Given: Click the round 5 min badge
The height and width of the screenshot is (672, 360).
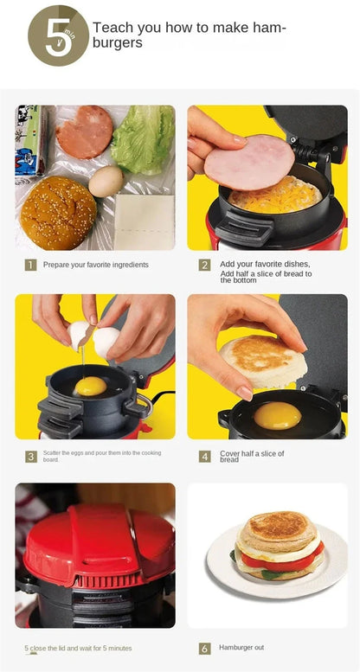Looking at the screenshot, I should click(x=58, y=36).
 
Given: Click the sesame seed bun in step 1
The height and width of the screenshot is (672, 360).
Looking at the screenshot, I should click(x=58, y=213).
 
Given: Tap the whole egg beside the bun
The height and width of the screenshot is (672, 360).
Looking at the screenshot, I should click(x=106, y=181).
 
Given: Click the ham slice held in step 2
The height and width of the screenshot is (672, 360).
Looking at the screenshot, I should click(x=248, y=162).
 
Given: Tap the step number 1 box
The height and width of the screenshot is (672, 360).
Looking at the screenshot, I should click(x=30, y=265).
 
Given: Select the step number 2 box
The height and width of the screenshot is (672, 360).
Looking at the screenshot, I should click(x=204, y=266).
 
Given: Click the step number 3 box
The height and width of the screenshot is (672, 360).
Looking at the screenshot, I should click(x=30, y=456).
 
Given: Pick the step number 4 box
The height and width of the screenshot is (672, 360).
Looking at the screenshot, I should click(x=204, y=456).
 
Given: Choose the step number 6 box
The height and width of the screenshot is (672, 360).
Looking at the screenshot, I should click(x=204, y=648).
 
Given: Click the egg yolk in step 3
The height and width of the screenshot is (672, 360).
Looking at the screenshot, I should click(x=91, y=386).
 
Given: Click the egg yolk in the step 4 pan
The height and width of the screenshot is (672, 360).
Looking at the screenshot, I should click(x=278, y=415).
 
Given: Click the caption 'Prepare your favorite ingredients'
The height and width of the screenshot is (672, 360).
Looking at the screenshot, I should click(x=95, y=265).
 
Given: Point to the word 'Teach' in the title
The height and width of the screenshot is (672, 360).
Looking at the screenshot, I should click(x=113, y=28).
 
